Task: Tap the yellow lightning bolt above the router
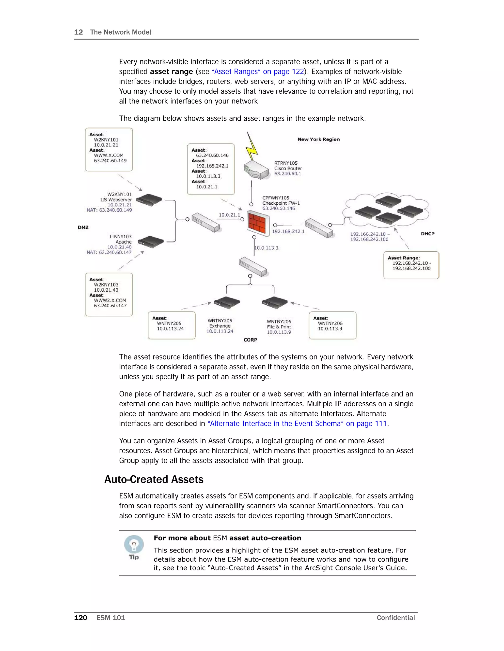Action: tap(252, 147)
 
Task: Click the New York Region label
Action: tap(318, 139)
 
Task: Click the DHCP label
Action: tap(427, 234)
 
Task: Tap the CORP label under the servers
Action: tap(250, 340)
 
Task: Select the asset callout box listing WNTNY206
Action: tap(332, 325)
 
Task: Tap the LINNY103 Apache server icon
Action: tap(150, 241)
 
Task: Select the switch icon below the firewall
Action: tap(252, 267)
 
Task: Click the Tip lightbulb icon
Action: tap(134, 544)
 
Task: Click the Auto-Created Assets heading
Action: tap(154, 479)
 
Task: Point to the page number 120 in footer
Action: tap(81, 618)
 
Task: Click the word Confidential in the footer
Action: tap(396, 618)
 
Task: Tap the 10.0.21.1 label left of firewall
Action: tap(229, 215)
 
